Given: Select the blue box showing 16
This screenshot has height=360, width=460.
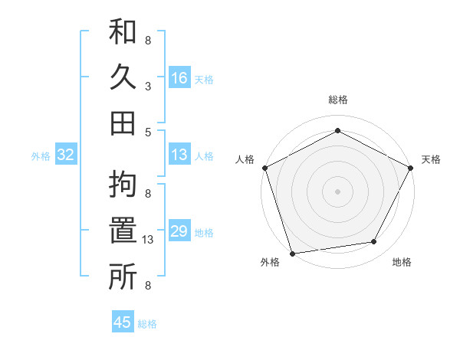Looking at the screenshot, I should click(x=179, y=77).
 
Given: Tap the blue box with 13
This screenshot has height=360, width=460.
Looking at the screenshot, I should click(x=179, y=155).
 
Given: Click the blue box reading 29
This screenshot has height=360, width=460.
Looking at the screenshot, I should click(x=179, y=231).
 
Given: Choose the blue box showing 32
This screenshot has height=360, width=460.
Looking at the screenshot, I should click(x=65, y=155).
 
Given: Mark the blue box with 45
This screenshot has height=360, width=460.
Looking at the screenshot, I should click(x=123, y=322).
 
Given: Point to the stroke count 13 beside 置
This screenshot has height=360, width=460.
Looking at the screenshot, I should click(x=148, y=240).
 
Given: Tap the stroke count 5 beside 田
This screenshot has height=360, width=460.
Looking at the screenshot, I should click(x=148, y=131).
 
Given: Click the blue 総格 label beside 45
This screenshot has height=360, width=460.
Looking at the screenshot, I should click(x=147, y=324).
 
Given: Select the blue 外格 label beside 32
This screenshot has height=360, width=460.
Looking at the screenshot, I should click(x=41, y=156).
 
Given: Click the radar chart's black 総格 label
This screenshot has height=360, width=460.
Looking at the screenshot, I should click(x=337, y=100).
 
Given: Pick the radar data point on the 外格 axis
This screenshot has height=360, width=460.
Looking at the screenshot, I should click(x=292, y=254).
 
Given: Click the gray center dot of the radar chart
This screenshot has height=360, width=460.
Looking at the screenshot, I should click(x=337, y=191).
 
